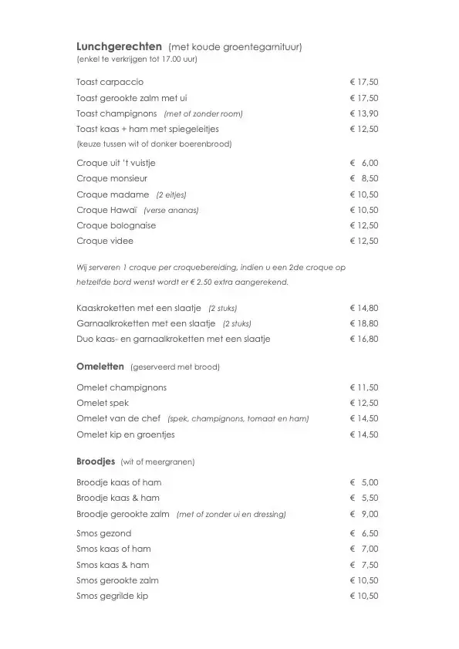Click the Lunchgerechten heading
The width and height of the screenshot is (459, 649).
coord(119,46)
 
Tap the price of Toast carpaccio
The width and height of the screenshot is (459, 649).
coord(364,82)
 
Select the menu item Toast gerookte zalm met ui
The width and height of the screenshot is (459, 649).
coord(132,98)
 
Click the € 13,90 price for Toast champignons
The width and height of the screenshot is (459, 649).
coord(364,113)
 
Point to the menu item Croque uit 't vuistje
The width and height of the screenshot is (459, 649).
coord(116,163)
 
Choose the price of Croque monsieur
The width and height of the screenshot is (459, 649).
coord(364,178)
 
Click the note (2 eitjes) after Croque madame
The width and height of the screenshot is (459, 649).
coord(171,194)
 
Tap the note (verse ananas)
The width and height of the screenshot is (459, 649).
coord(171,210)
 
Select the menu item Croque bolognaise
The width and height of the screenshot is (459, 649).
coord(116,225)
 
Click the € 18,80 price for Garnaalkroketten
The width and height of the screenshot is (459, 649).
coord(364,323)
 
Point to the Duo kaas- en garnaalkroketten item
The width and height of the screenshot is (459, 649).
coord(174,339)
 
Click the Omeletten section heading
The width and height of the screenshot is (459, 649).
coord(100,366)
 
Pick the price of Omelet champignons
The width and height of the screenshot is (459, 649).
coord(364,387)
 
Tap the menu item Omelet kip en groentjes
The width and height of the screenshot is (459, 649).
coord(126,434)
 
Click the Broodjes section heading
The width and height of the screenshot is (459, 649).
coord(96,461)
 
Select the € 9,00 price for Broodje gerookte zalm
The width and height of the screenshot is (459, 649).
coord(364,514)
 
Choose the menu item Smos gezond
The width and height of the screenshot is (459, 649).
coord(104,533)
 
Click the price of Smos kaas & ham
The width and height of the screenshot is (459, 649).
coord(364,565)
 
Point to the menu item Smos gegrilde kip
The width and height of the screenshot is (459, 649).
coord(112,596)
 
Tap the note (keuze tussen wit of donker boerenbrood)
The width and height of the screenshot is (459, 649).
coord(154,144)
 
